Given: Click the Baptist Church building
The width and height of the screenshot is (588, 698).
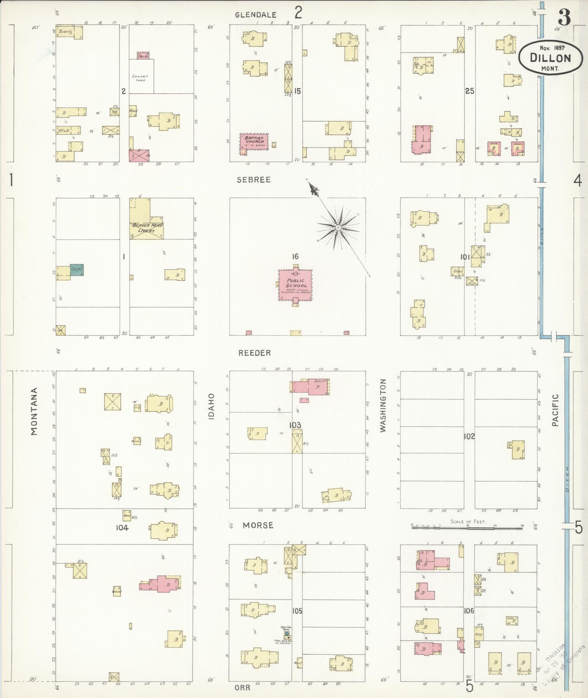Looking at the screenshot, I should click(254, 141).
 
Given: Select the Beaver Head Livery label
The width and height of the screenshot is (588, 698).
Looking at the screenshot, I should click(147, 228).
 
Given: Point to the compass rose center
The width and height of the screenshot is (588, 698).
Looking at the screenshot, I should click(338, 227).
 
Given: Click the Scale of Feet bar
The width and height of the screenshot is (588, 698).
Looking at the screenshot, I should click(467, 527).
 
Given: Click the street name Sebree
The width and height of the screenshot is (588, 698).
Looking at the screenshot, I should click(254, 180).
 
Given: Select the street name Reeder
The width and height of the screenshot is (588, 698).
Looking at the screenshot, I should click(254, 353).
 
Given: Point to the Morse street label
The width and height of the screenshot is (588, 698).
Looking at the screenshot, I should click(258, 525).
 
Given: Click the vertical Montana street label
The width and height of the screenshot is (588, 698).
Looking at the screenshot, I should click(34, 411).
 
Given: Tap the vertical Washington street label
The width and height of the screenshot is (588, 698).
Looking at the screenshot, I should click(383, 405).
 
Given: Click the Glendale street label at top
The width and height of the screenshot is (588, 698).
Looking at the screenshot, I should click(256, 15).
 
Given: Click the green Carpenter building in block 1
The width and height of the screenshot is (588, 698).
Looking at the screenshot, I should click(77, 270).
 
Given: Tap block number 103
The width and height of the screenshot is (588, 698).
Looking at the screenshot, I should click(295, 425).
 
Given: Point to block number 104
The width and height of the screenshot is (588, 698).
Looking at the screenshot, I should click(122, 528).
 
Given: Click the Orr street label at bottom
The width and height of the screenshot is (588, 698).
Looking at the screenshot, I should click(242, 687).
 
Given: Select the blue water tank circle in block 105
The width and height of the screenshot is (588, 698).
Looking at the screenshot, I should click(287, 633).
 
